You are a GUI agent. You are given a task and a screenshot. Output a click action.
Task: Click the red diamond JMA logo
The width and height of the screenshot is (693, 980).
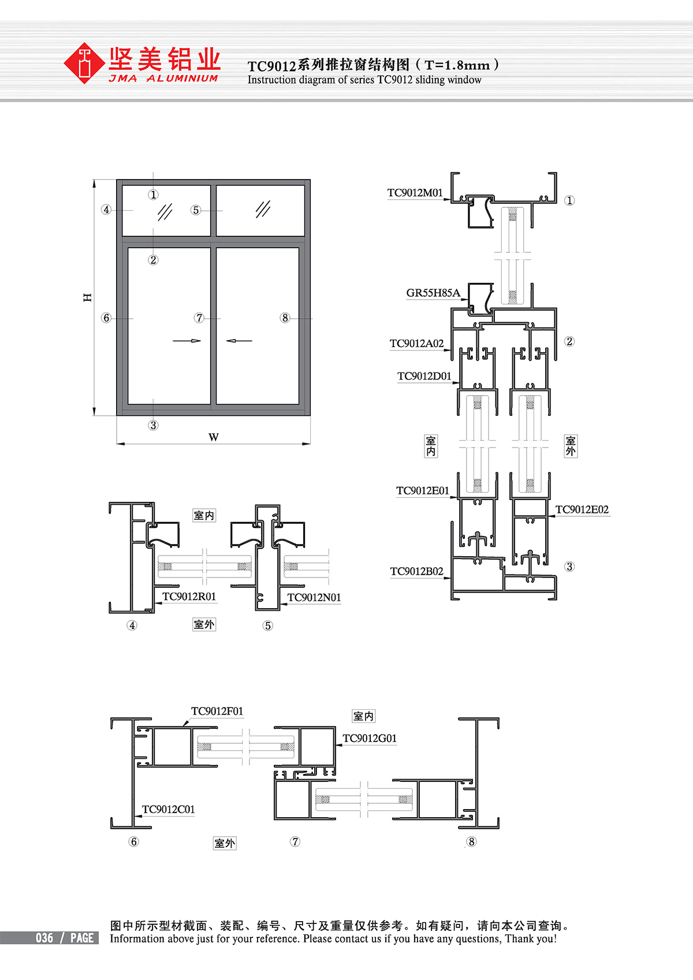tap(84, 63)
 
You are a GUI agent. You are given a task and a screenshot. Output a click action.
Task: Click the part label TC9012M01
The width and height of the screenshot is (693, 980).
tap(415, 193)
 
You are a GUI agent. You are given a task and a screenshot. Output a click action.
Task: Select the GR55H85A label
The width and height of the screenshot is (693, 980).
tap(433, 293)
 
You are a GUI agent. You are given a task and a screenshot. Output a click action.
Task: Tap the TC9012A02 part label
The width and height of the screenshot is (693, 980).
tap(416, 344)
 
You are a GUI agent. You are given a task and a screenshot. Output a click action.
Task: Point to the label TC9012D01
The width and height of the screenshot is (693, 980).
tap(424, 377)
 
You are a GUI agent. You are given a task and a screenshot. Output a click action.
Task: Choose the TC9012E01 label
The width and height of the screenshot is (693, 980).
tap(423, 491)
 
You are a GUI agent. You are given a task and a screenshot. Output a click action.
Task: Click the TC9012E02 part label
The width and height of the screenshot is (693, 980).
tap(582, 510)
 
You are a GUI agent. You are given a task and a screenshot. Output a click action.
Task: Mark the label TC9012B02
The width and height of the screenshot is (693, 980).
tap(416, 571)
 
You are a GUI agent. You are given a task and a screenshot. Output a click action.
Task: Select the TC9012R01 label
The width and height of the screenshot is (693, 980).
tap(189, 597)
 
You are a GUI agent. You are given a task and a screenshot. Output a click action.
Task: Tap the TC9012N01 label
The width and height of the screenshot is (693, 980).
tap(314, 598)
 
